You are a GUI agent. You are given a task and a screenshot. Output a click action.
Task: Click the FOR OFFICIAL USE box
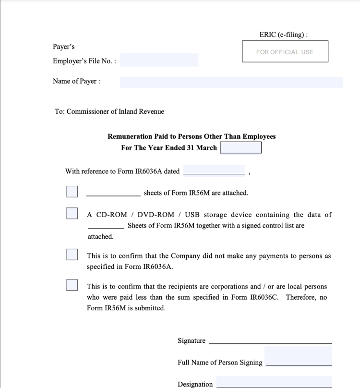point(285,51)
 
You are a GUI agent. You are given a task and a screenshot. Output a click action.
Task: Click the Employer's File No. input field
point(159,61)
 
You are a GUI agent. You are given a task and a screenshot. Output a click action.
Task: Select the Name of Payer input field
point(231,82)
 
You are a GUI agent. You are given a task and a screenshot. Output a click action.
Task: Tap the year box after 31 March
point(240,148)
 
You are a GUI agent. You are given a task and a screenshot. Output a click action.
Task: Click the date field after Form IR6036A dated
point(214,171)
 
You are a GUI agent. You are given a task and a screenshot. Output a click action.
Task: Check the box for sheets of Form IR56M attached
point(72,192)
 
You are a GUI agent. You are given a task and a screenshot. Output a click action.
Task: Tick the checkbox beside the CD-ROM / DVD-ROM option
point(72,213)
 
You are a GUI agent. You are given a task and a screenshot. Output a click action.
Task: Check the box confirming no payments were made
point(72,255)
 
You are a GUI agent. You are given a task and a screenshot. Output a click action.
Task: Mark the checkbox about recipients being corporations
point(72,285)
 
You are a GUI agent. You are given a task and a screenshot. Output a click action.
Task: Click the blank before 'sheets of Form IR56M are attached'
point(113,193)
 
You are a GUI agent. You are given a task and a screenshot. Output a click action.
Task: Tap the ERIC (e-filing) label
point(284,35)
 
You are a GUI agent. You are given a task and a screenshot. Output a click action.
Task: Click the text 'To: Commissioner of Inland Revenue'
point(109,111)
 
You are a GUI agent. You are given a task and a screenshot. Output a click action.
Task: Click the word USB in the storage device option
point(192,215)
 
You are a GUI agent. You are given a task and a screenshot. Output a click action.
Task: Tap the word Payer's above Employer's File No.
point(63,47)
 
